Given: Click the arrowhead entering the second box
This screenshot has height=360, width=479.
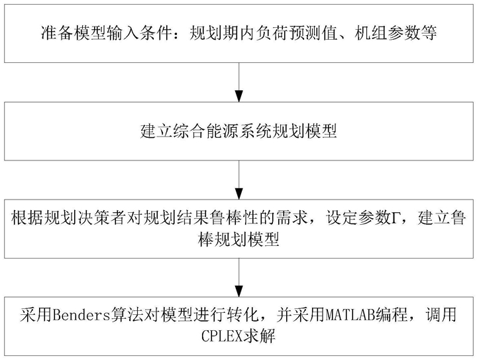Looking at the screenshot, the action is [x=239, y=95].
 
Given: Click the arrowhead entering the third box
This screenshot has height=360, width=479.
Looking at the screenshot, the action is [x=239, y=194].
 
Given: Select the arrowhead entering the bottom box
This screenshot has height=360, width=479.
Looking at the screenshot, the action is [x=239, y=291].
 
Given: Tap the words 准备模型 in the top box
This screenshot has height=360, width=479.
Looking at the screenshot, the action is [x=74, y=32].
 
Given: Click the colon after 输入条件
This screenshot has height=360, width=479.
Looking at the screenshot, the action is [x=181, y=34].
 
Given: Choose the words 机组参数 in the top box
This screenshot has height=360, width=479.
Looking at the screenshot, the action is [x=388, y=32].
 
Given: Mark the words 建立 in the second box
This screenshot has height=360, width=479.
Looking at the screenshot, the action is [x=157, y=131].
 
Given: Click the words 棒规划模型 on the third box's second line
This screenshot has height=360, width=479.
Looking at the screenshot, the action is [x=239, y=239].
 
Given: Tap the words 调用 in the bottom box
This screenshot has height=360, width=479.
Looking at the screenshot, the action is [x=440, y=315].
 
